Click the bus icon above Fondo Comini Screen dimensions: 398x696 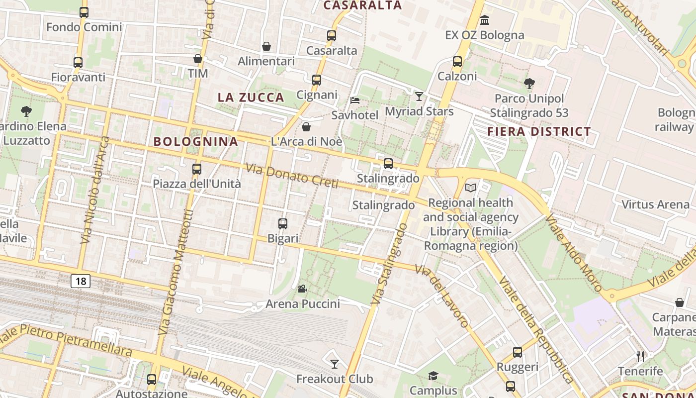click(84, 12)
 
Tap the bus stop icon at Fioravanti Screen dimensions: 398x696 click(78, 63)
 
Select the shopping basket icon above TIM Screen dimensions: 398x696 click(198, 59)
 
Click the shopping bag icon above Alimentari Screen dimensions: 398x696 click(266, 46)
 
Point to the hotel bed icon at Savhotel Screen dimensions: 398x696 click(355, 100)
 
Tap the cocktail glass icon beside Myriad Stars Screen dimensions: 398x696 click(419, 96)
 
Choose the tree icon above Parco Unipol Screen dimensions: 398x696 click(529, 83)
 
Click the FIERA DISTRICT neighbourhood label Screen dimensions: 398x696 click(539, 132)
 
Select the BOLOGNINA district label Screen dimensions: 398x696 click(196, 141)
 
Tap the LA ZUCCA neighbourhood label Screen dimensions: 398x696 click(251, 98)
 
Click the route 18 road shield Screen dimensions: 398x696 click(81, 281)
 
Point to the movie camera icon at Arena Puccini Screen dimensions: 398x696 click(302, 289)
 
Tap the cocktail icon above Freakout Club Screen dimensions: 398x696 click(335, 364)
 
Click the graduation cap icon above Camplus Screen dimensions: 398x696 click(434, 376)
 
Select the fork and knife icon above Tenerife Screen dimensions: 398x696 click(640, 356)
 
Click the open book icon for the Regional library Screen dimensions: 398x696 click(470, 188)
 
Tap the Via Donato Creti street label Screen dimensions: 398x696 click(292, 176)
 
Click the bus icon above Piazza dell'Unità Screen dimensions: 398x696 click(197, 169)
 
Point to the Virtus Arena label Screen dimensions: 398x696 click(656, 204)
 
